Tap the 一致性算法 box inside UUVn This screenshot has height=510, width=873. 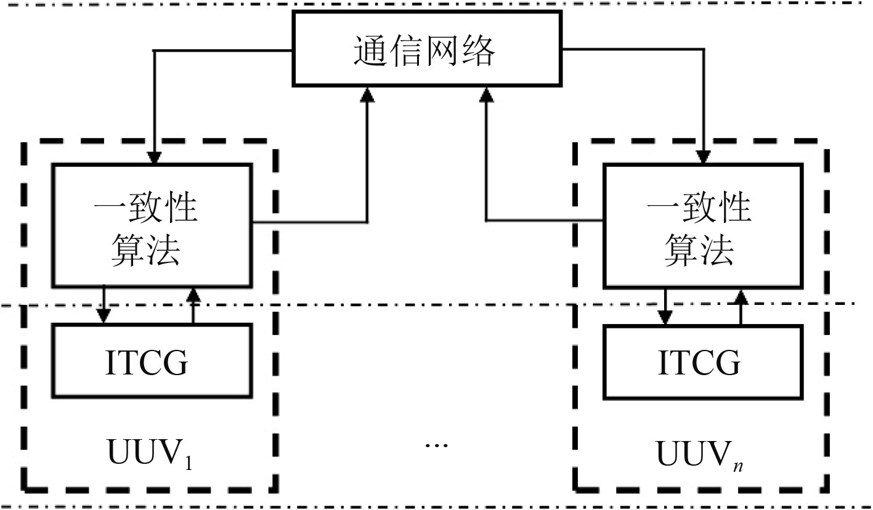[702, 225]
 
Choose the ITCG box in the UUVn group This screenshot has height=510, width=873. [702, 362]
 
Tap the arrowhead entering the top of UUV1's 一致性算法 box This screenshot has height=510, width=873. [154, 157]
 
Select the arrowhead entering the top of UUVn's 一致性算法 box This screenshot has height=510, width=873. [703, 157]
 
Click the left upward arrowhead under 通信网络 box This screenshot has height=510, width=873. [368, 93]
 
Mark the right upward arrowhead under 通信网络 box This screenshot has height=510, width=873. [487, 93]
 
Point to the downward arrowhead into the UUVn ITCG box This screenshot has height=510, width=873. [664, 317]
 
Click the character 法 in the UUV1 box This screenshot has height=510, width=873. [162, 250]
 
